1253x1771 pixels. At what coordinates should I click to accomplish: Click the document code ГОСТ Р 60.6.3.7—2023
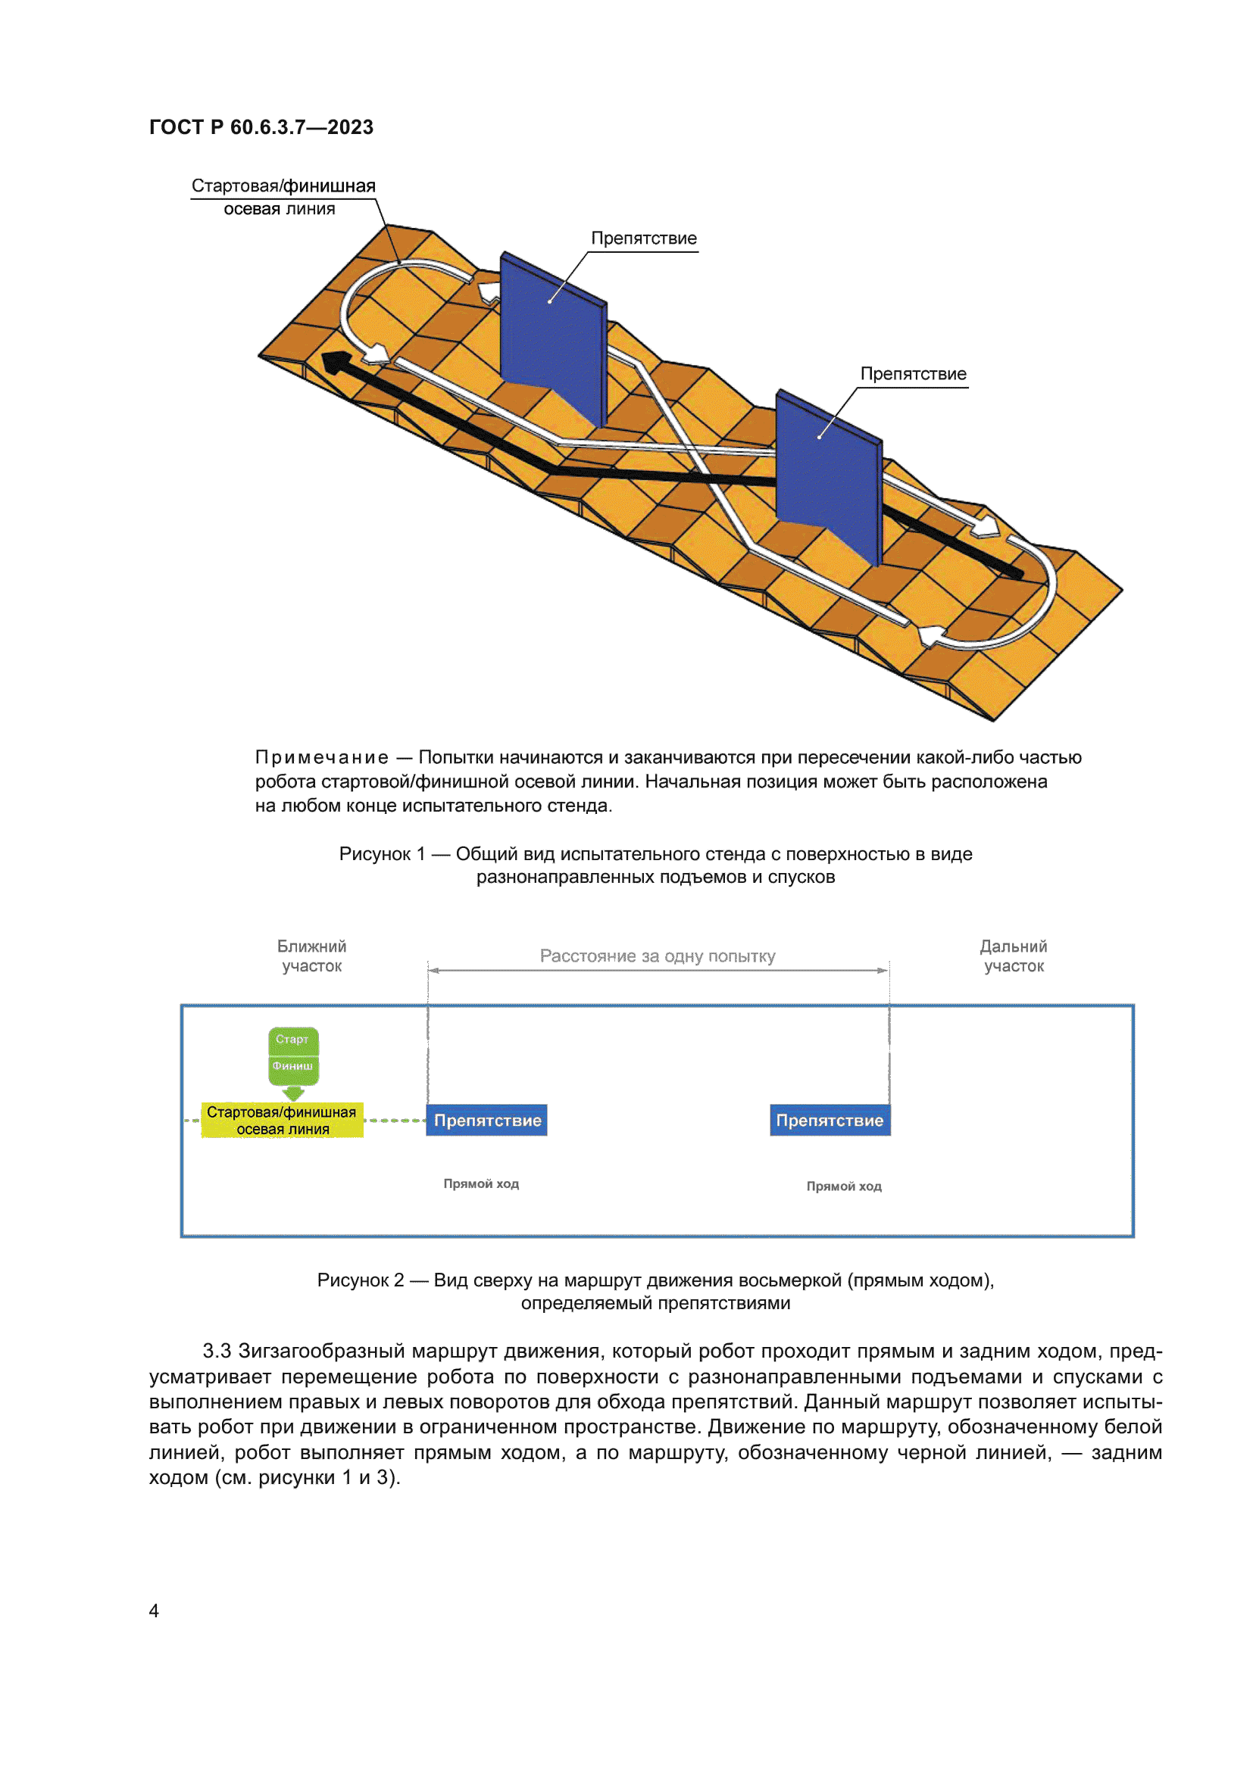(x=261, y=127)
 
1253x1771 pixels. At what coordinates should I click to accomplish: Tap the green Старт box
(x=292, y=1039)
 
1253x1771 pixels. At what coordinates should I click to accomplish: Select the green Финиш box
(x=292, y=1066)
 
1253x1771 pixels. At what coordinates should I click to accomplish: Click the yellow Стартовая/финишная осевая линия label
(x=282, y=1120)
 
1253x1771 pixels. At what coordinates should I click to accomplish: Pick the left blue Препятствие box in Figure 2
(x=487, y=1120)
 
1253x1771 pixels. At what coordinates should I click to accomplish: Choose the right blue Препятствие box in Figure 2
(x=830, y=1120)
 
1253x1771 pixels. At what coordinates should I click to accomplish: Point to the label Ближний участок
(x=311, y=956)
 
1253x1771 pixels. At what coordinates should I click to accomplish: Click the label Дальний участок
(x=1013, y=956)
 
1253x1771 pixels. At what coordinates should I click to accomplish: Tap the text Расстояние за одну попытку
(x=658, y=956)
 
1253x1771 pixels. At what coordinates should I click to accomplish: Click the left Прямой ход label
(x=481, y=1183)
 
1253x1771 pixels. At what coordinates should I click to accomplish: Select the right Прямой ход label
(x=843, y=1186)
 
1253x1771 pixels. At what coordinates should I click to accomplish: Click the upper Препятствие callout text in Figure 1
(x=643, y=239)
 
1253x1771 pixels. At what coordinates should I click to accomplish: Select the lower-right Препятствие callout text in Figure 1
(x=913, y=374)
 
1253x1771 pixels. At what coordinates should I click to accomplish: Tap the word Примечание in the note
(x=322, y=757)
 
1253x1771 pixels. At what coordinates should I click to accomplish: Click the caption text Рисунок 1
(x=382, y=854)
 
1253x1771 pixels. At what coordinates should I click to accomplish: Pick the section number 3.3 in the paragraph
(x=217, y=1352)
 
